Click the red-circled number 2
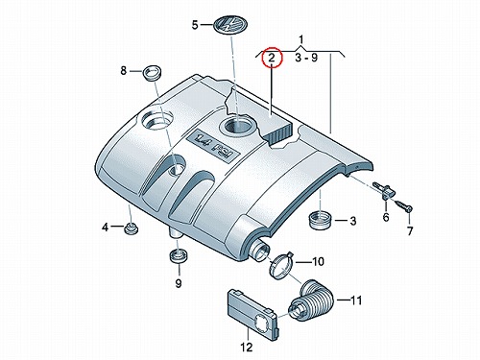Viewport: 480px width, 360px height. click(272, 58)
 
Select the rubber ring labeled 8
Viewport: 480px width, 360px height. click(153, 73)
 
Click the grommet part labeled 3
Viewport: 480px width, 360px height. click(321, 220)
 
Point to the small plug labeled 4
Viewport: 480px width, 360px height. click(131, 228)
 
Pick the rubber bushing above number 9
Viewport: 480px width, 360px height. click(179, 255)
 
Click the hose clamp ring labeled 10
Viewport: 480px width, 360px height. click(281, 265)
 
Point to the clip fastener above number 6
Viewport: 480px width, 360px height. click(385, 190)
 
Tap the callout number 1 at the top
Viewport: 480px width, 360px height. click(301, 39)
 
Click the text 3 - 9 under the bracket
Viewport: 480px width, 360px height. click(306, 58)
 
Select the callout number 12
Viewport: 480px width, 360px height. click(247, 347)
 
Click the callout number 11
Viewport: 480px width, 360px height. click(355, 300)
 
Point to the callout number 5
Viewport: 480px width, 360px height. click(195, 25)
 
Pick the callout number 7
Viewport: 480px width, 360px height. click(410, 231)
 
